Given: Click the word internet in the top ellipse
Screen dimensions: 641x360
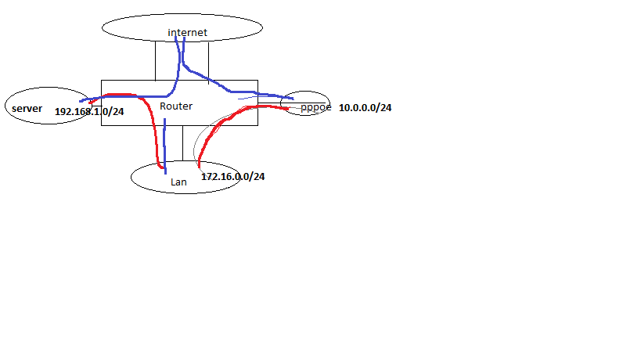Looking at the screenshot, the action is click(x=187, y=32).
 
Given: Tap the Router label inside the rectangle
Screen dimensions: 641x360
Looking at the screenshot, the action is click(x=176, y=106).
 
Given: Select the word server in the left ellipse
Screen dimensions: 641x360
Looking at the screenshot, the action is click(x=27, y=109).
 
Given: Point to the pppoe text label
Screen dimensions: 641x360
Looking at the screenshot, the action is click(x=316, y=107).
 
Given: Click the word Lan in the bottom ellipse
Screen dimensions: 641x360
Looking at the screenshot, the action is click(x=178, y=182).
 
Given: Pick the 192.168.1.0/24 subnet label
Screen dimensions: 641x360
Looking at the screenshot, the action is click(x=89, y=112).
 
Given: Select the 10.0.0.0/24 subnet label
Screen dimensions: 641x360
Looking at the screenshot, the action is click(x=365, y=107).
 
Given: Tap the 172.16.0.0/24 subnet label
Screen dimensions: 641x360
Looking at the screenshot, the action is click(x=233, y=177).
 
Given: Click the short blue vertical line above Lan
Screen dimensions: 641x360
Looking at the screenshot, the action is click(x=164, y=146).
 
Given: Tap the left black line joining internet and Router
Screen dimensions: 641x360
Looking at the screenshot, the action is click(x=155, y=60).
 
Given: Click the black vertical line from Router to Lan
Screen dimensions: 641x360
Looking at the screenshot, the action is click(x=182, y=143).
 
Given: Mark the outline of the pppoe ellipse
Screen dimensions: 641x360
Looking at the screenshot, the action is click(x=305, y=92).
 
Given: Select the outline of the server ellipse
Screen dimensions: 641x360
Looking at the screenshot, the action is click(x=49, y=88).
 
